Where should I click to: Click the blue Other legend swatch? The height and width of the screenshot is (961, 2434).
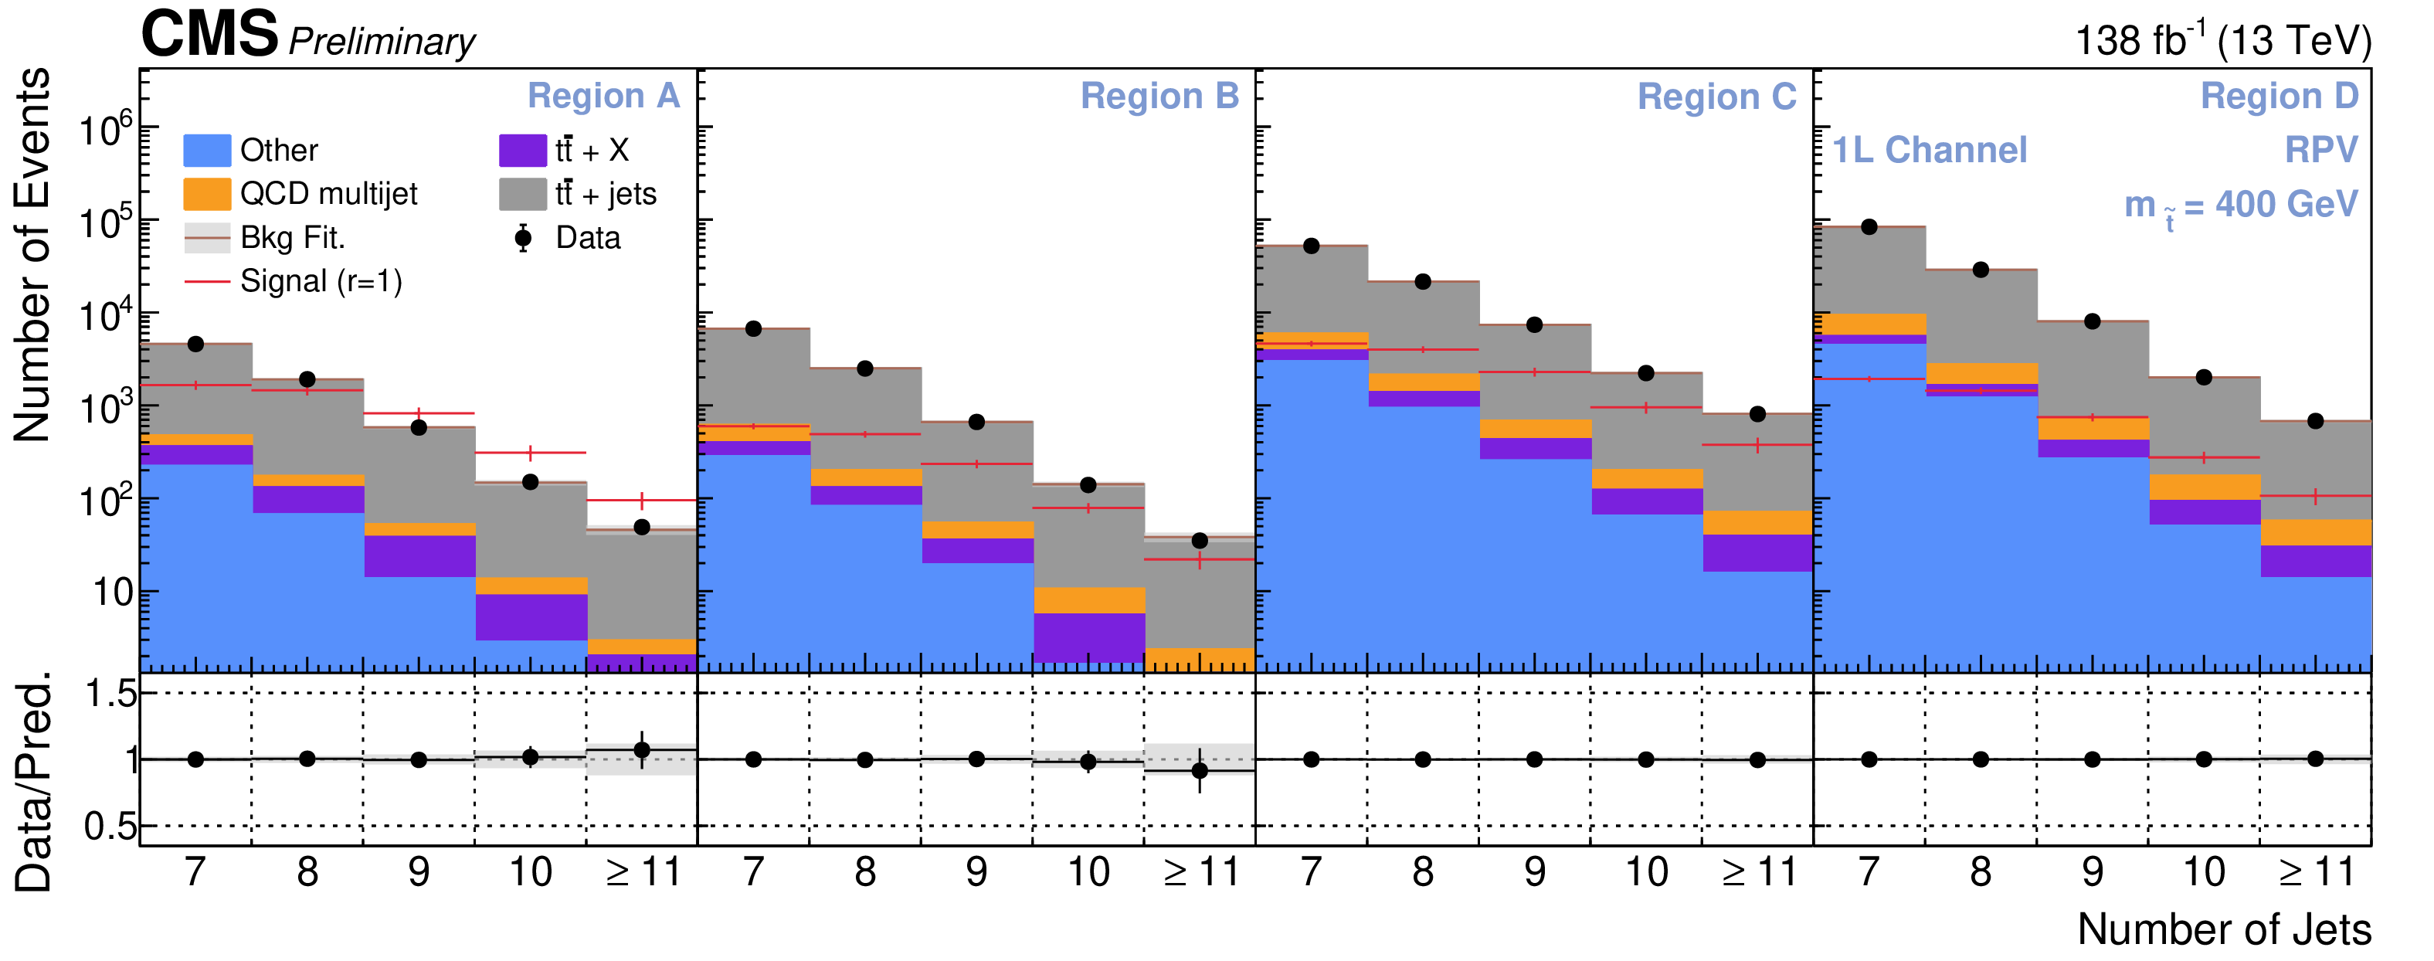click(206, 150)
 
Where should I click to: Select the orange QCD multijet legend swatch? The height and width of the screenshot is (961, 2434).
click(206, 194)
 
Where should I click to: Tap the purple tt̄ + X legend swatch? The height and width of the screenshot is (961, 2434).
click(522, 150)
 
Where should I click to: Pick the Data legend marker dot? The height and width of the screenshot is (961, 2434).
click(522, 238)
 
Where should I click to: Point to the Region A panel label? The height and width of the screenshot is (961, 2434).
click(603, 97)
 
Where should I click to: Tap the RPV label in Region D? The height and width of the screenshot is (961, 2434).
click(2320, 150)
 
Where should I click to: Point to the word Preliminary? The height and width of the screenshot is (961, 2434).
click(382, 42)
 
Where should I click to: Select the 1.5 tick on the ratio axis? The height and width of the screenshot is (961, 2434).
click(110, 694)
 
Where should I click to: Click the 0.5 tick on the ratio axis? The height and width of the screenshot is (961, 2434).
click(110, 827)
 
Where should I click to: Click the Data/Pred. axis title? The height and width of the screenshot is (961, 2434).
click(33, 783)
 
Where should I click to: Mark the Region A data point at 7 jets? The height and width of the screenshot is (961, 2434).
click(195, 344)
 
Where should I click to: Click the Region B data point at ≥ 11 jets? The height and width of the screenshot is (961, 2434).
click(1199, 541)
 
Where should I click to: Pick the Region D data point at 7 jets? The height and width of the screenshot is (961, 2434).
click(1868, 227)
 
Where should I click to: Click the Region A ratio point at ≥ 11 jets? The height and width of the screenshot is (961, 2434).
click(642, 750)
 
